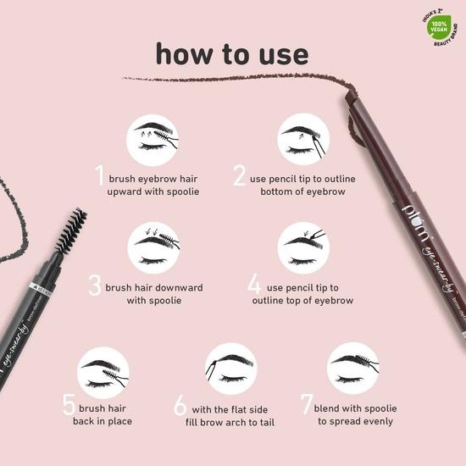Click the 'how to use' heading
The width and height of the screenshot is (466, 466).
click(x=231, y=53)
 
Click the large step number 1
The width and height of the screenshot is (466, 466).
click(x=99, y=175)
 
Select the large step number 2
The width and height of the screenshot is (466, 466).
click(x=240, y=175)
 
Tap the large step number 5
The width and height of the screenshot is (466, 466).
click(x=69, y=405)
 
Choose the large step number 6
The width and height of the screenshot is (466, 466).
click(x=180, y=405)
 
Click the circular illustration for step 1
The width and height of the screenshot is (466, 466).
click(x=152, y=139)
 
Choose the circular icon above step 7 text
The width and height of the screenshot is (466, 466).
click(x=352, y=367)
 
